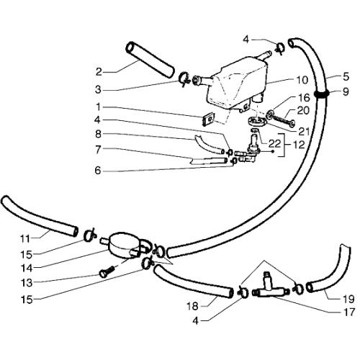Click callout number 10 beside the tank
pyautogui.click(x=302, y=80)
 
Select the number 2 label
pyautogui.click(x=99, y=72)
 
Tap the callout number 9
pyautogui.click(x=346, y=92)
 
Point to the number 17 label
pyautogui.click(x=348, y=312)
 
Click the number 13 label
pyautogui.click(x=27, y=283)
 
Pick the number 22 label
pyautogui.click(x=275, y=144)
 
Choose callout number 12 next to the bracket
pyautogui.click(x=300, y=145)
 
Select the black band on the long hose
pyautogui.click(x=322, y=94)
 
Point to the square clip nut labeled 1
pyautogui.click(x=208, y=120)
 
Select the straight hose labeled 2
pyautogui.click(x=149, y=60)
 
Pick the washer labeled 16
pyautogui.click(x=271, y=114)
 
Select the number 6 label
pyautogui.click(x=98, y=171)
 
